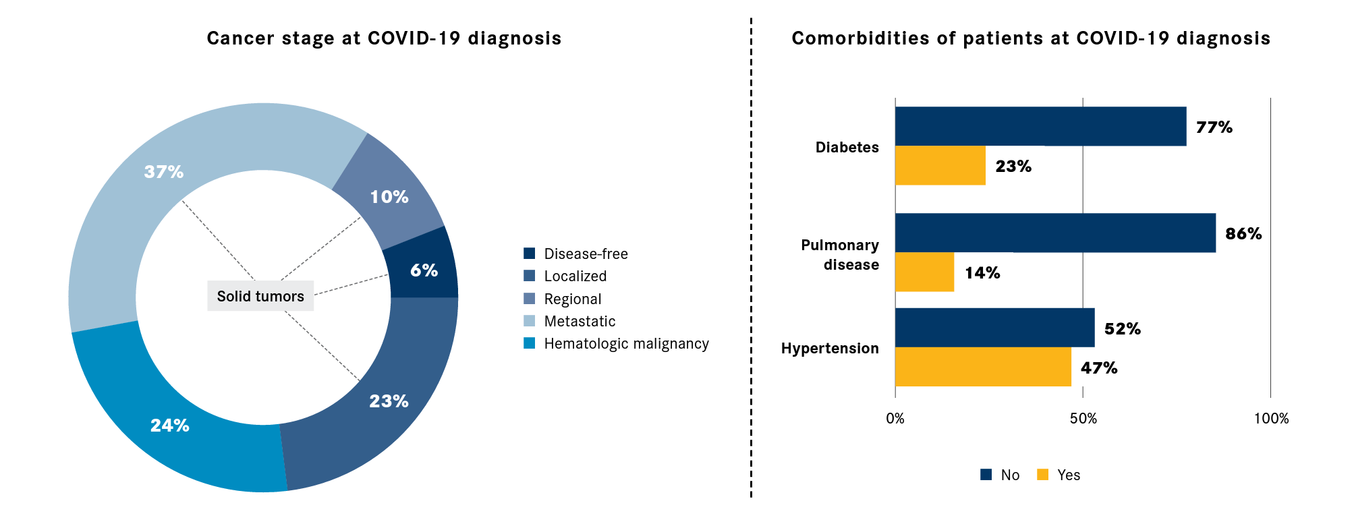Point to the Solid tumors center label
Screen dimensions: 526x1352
click(x=260, y=296)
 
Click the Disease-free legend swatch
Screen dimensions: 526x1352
click(x=530, y=254)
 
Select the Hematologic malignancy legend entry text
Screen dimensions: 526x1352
click(x=626, y=344)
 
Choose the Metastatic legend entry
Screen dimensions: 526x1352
click(x=580, y=322)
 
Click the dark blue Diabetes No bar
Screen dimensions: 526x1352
click(x=1040, y=126)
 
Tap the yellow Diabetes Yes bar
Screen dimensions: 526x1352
click(x=940, y=165)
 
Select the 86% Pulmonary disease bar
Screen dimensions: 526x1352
click(x=1054, y=233)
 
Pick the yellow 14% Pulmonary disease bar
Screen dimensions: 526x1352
click(x=924, y=272)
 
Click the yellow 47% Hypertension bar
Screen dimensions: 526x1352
click(x=982, y=367)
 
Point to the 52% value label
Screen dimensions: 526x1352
click(x=1122, y=329)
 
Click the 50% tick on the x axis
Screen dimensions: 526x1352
click(x=1083, y=419)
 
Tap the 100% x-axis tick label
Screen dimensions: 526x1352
click(x=1271, y=419)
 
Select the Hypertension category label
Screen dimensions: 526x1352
click(x=830, y=348)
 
